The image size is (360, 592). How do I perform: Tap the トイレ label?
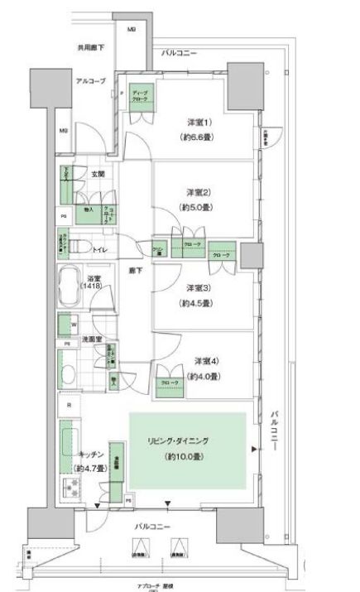tap(99, 248)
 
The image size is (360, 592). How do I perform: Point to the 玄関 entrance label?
tap(97, 175)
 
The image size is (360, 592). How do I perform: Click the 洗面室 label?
tap(91, 339)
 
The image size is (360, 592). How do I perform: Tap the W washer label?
tap(74, 325)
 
